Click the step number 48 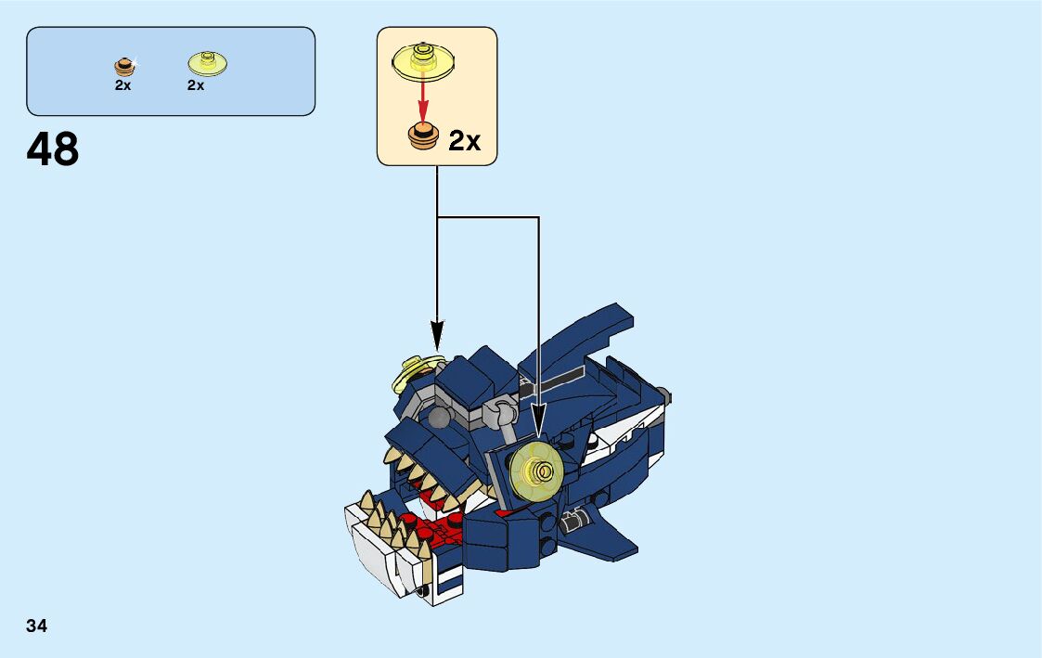click(x=53, y=148)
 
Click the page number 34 click(x=37, y=626)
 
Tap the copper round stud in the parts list click(x=123, y=66)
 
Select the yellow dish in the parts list click(x=208, y=63)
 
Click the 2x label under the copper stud click(x=123, y=84)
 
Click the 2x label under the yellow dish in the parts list click(x=195, y=84)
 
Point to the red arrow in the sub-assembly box click(x=423, y=98)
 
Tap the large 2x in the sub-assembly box click(x=464, y=141)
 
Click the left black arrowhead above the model click(x=437, y=335)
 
